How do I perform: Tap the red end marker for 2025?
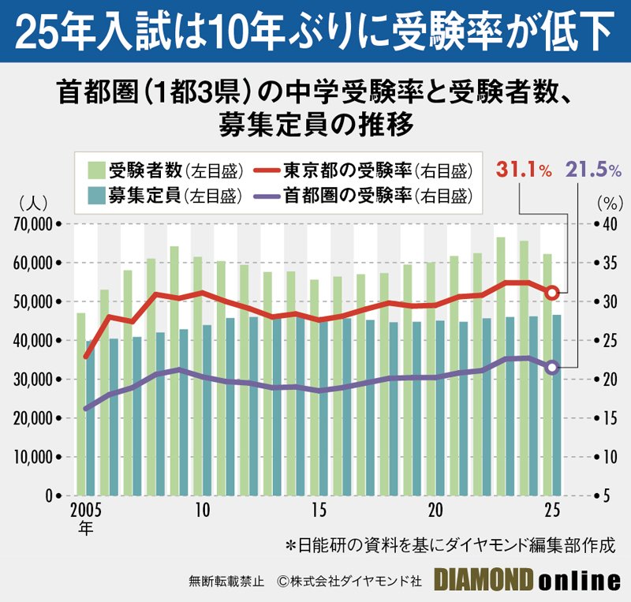pos(552,293)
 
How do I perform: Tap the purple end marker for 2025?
pos(552,367)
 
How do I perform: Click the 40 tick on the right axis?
pos(606,224)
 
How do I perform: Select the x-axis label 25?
pos(551,509)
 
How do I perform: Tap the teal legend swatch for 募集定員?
pos(95,195)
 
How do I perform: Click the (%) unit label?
pos(607,203)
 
